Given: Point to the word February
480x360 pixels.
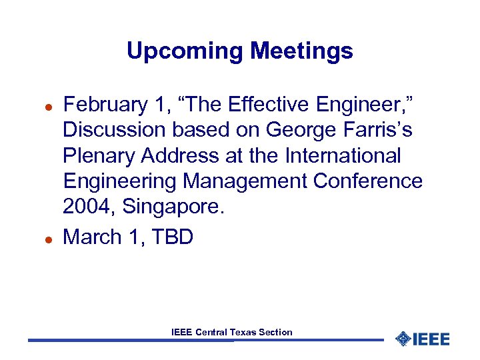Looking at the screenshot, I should click(x=105, y=105).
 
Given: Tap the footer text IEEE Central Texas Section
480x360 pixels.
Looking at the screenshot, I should click(x=231, y=332).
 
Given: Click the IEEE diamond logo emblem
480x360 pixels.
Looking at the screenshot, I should click(x=402, y=339).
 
